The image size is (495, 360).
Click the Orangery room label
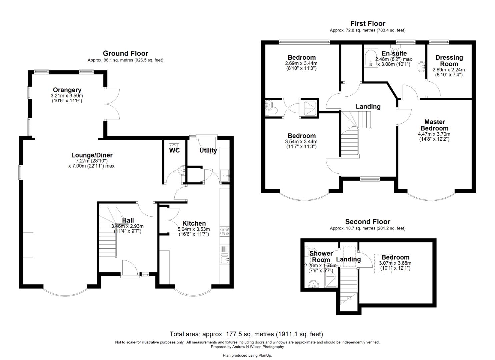click(x=67, y=90)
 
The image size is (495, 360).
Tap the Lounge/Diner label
click(x=92, y=155)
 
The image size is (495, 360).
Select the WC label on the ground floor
click(x=174, y=150)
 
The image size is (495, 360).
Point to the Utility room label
click(x=208, y=150)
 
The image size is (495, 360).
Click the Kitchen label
click(x=194, y=223)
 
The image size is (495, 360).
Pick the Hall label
click(x=128, y=220)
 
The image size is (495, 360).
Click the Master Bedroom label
click(x=434, y=125)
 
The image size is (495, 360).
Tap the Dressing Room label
click(x=449, y=61)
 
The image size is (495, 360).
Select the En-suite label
click(x=394, y=54)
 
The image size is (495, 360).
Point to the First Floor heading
click(x=368, y=24)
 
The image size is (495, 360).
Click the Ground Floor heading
click(x=125, y=53)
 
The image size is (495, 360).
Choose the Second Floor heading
click(x=367, y=222)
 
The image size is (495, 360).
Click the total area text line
click(x=246, y=334)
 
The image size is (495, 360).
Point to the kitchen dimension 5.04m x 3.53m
click(x=194, y=229)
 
